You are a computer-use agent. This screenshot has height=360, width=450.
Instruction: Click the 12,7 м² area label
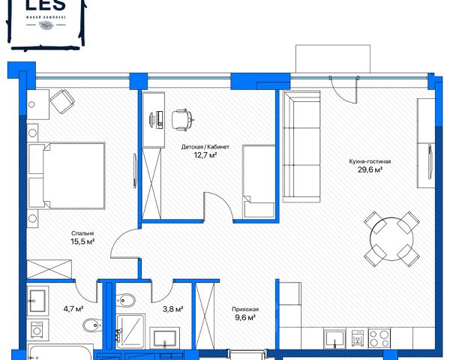(205, 155)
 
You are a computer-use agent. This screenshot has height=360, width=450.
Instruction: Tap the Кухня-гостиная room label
(370, 162)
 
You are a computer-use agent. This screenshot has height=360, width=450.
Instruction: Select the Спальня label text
(82, 234)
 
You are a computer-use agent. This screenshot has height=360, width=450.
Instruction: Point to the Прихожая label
(245, 310)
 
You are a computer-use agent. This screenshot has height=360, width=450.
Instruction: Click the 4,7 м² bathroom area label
(73, 309)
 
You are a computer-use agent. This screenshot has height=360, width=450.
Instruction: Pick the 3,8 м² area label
(172, 309)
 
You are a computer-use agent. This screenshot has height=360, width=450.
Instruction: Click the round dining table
(391, 239)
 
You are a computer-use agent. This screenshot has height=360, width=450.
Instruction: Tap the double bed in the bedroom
(66, 175)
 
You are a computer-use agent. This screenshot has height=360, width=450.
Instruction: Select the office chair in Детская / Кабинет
(182, 120)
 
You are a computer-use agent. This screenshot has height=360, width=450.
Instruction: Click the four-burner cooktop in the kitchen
(379, 338)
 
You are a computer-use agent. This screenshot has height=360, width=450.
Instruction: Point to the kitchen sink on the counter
(334, 338)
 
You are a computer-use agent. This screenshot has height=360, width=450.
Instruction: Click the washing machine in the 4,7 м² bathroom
(37, 331)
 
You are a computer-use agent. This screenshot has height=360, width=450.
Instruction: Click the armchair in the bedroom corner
(62, 101)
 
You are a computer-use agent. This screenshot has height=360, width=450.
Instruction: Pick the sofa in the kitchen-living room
(301, 147)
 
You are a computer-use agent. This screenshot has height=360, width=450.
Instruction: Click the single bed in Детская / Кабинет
(259, 181)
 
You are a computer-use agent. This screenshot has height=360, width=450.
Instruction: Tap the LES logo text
(46, 4)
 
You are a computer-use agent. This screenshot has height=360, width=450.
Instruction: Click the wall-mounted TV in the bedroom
(135, 171)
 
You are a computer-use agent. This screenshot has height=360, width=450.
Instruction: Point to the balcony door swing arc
(343, 91)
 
